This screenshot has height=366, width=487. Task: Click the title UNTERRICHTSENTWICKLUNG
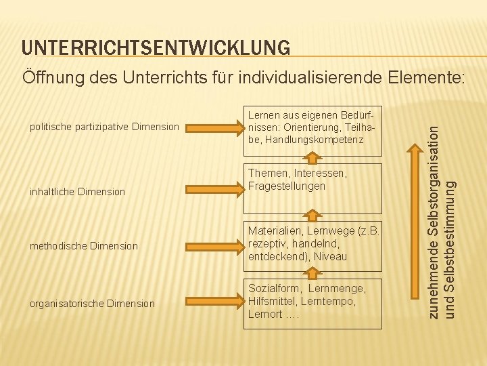tap(156, 47)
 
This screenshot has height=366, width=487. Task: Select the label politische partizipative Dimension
tap(103, 127)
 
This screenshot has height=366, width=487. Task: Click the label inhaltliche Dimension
tap(77, 192)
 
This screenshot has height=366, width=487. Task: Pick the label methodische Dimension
tap(84, 246)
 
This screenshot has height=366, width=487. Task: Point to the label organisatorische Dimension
tap(92, 304)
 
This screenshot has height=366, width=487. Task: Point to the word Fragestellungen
tap(287, 186)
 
